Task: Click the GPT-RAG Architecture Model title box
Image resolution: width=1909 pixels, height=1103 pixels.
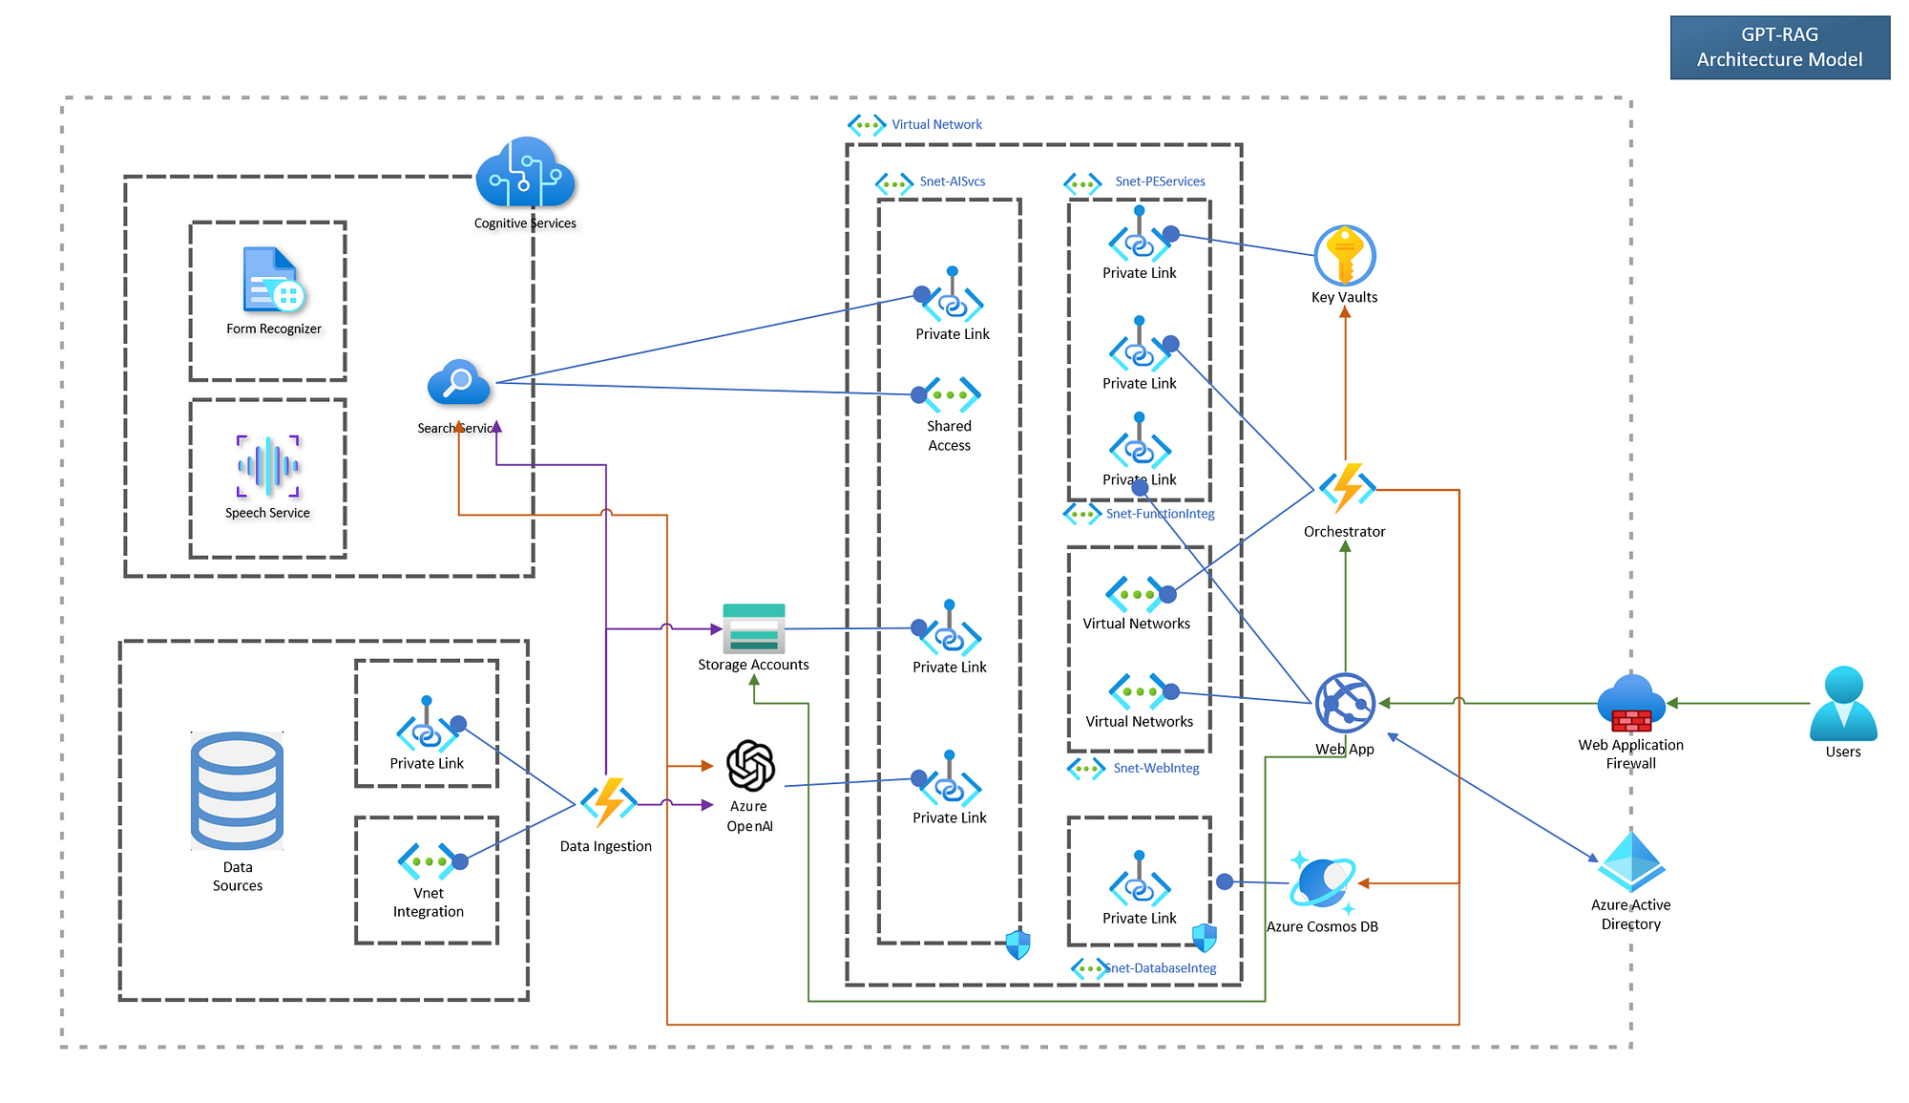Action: pos(1779,47)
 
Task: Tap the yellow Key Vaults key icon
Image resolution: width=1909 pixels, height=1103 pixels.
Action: pos(1344,255)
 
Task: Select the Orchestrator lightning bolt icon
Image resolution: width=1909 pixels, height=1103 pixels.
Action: pos(1347,487)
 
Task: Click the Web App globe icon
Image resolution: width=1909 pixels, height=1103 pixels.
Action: pos(1345,704)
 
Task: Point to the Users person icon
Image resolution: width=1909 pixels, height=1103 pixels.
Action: pos(1843,703)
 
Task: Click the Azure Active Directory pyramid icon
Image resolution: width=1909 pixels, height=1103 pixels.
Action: pos(1631,861)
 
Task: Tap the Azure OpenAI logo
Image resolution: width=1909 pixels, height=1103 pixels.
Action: pos(750,766)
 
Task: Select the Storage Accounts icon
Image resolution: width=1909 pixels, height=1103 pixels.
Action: pos(754,627)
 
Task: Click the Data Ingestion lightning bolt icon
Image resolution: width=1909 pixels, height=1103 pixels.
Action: pos(608,802)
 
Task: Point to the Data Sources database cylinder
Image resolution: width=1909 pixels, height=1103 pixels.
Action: pos(238,791)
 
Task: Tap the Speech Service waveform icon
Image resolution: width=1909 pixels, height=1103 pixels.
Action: pos(268,466)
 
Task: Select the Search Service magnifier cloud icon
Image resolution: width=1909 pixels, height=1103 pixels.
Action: pos(459,383)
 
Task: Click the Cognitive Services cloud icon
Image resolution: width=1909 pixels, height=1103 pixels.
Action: pos(526,173)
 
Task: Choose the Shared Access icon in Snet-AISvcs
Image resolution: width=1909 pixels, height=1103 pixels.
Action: pos(951,394)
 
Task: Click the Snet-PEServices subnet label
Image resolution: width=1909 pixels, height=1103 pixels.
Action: pos(1160,181)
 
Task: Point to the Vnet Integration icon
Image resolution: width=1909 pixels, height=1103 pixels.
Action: pos(428,861)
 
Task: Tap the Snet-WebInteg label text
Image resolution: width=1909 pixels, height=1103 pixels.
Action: pos(1156,768)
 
